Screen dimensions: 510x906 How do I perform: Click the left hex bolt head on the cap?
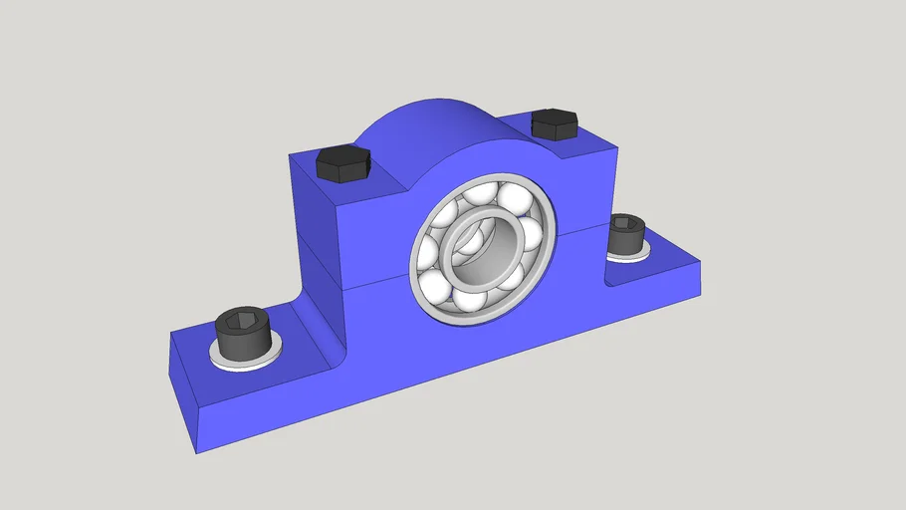[x=343, y=164]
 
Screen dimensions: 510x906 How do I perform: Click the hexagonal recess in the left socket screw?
[x=242, y=321]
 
